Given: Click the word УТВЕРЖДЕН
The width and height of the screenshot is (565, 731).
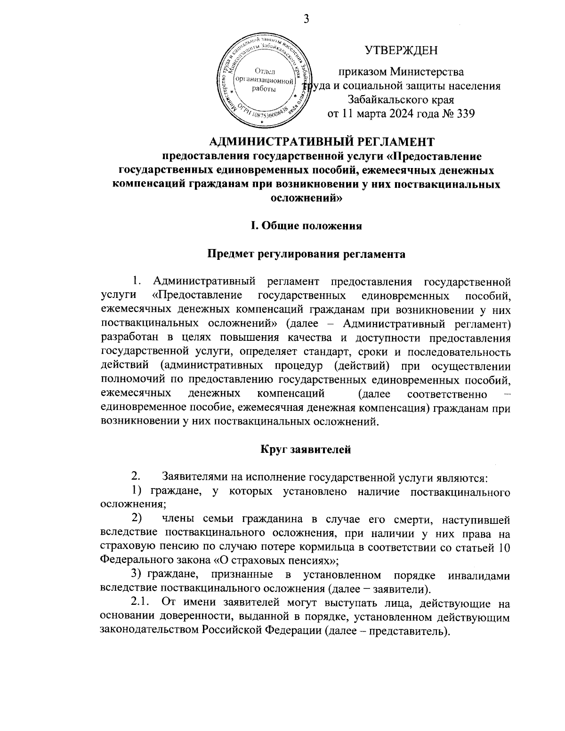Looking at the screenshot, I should pos(401,50).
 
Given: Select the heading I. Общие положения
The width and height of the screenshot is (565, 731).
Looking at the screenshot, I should pos(306,225).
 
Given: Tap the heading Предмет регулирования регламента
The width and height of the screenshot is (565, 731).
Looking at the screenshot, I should pos(306,254).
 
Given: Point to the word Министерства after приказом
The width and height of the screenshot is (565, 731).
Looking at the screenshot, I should pos(427,72).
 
